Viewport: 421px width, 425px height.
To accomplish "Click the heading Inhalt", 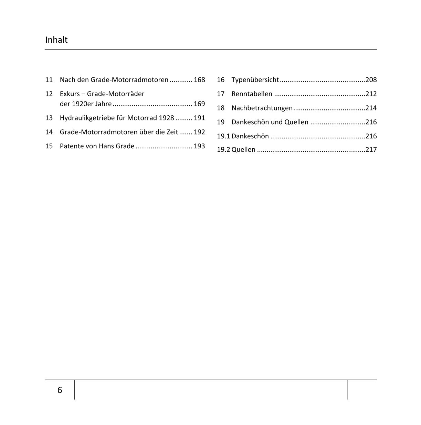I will (56, 40).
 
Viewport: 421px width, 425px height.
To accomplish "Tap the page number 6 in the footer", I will (60, 390).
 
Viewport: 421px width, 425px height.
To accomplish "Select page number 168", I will (199, 80).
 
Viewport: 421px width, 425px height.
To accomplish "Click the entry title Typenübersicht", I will (255, 80).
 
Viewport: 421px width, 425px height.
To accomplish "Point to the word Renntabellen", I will (252, 94).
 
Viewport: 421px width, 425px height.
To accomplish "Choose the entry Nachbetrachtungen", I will (262, 108).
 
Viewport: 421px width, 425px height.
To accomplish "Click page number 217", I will (371, 150).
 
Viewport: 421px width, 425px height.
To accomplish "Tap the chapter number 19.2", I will (223, 150).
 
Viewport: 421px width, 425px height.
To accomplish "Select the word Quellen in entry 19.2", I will (243, 150).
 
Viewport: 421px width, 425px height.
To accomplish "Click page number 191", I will (199, 118).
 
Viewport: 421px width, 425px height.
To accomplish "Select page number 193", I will (199, 146).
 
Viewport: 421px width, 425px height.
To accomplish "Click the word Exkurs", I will (70, 94).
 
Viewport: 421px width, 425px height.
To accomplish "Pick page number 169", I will (199, 104).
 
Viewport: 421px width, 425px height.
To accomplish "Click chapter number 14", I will (49, 132).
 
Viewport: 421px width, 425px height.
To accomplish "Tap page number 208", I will (371, 80).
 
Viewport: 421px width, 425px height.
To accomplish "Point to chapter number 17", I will (221, 94).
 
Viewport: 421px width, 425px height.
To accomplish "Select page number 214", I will (371, 108).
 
